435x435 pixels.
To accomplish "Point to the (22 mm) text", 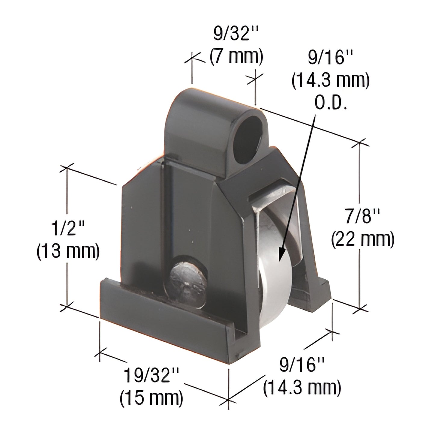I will (363, 240).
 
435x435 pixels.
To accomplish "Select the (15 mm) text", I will (151, 398).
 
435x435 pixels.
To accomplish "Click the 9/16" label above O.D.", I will (331, 58).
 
